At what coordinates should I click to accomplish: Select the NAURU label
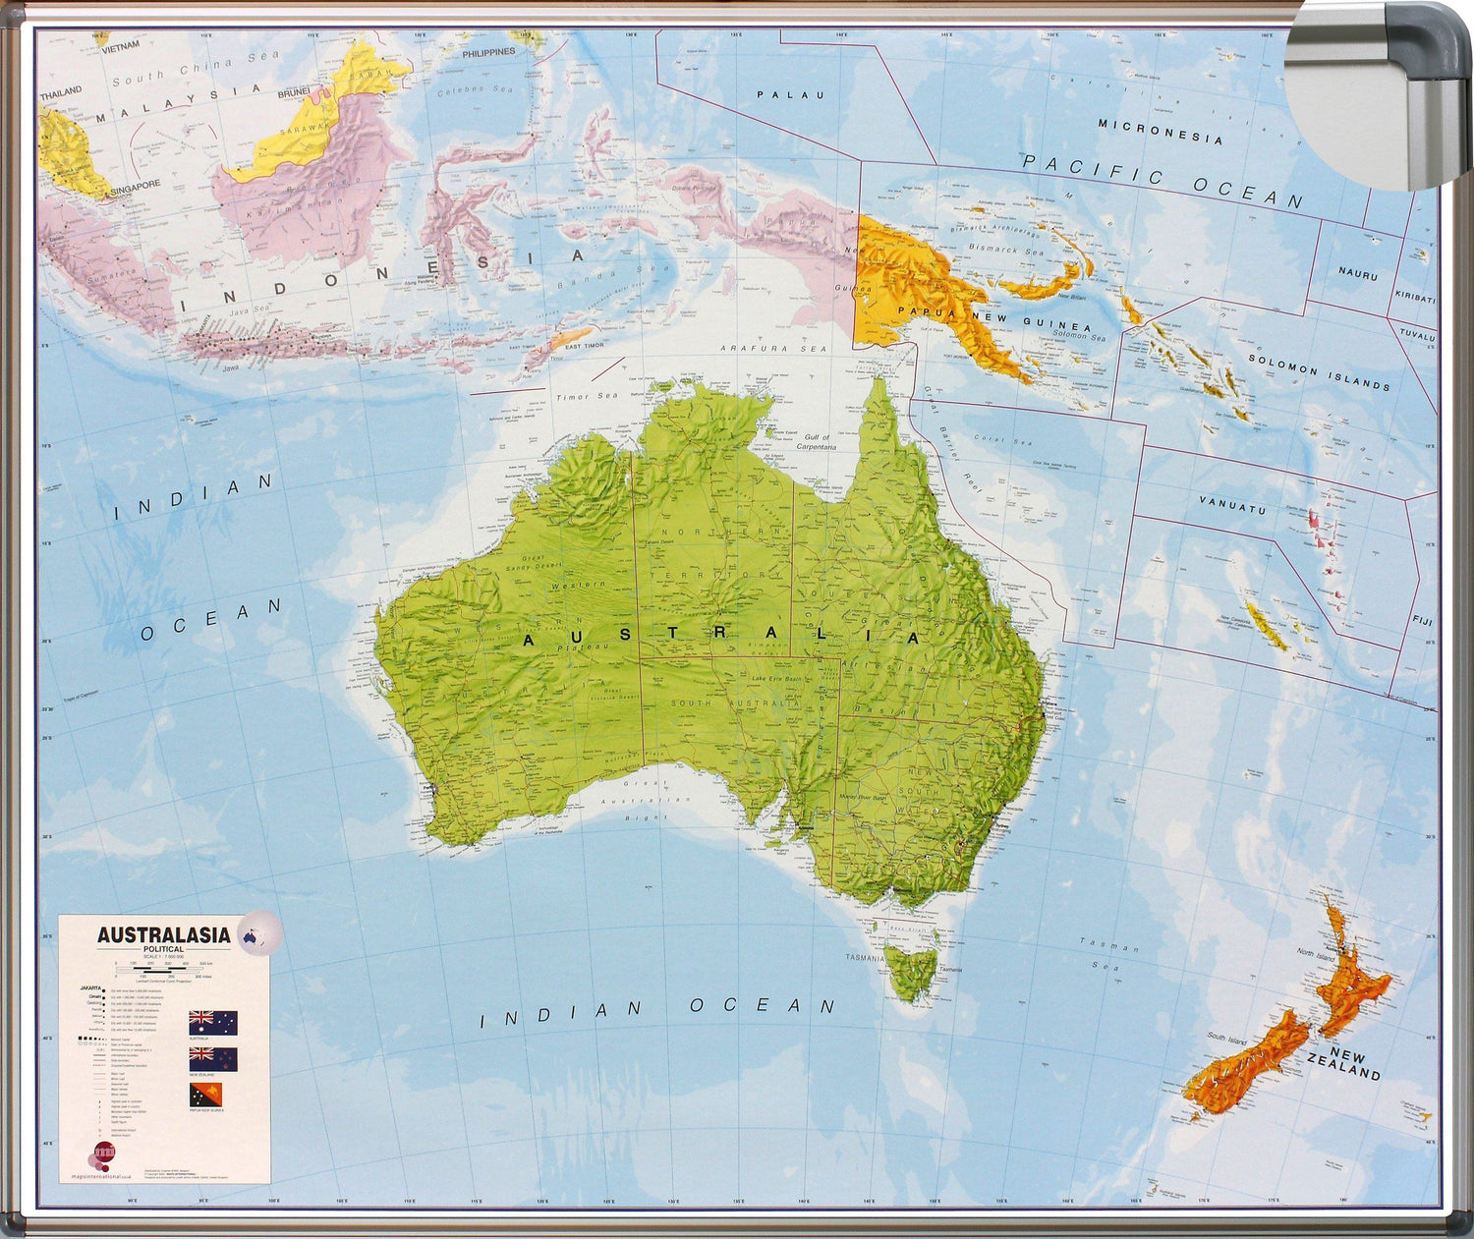click(x=1357, y=274)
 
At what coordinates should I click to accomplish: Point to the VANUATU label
click(x=1232, y=507)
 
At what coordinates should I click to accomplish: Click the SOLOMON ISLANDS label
click(x=1319, y=372)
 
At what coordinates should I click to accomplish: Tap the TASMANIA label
click(x=865, y=957)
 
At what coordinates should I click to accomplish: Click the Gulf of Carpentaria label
click(x=816, y=442)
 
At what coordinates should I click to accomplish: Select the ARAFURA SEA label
click(x=773, y=348)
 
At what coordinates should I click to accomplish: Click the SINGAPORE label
click(x=135, y=186)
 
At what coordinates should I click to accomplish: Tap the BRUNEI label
click(x=293, y=93)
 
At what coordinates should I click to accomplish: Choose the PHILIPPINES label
click(x=488, y=52)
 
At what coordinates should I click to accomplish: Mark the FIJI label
click(x=1422, y=621)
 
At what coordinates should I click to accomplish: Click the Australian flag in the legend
click(x=213, y=1023)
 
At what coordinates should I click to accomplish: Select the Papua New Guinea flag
click(x=205, y=1095)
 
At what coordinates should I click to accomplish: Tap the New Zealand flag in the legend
click(x=213, y=1058)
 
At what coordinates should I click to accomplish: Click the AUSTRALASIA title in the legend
click(x=163, y=935)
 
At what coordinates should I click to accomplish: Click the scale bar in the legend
click(x=157, y=970)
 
